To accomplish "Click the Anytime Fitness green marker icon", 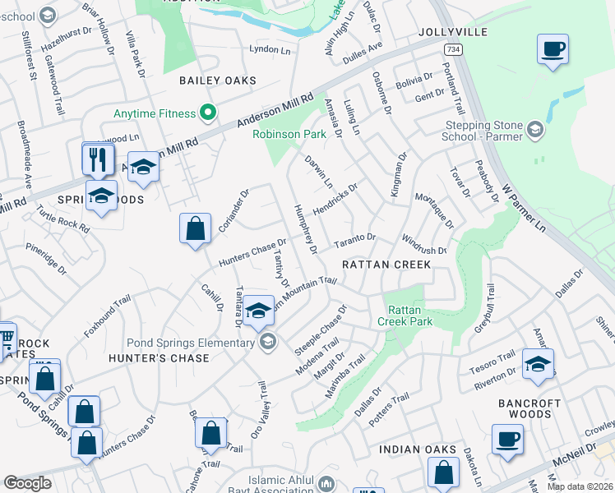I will click(208, 113).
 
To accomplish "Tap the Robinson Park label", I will click(289, 134).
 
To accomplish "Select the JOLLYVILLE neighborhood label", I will click(452, 32).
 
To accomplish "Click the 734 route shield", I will click(451, 50).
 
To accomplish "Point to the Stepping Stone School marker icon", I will click(535, 129).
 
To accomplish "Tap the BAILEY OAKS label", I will click(218, 81).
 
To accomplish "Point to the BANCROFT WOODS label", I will click(530, 408).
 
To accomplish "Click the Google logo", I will click(27, 483).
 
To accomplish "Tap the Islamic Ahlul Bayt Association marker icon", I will click(328, 483).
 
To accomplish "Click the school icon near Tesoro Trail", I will click(538, 364).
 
